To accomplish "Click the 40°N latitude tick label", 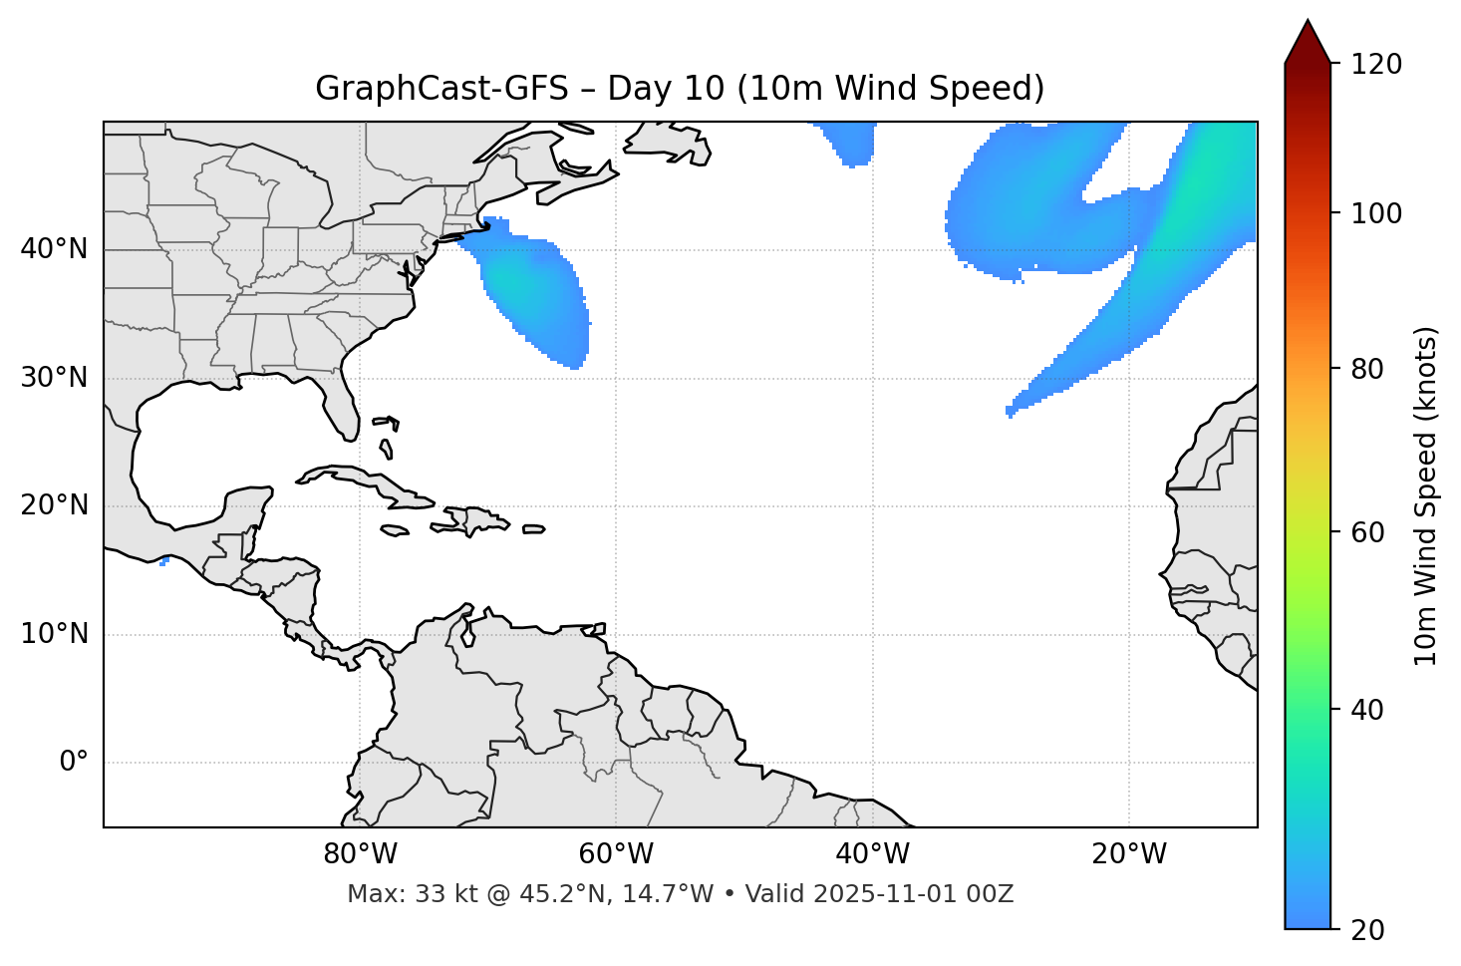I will tap(54, 249).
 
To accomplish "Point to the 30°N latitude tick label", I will tap(54, 378).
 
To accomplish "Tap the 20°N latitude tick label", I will tap(54, 505).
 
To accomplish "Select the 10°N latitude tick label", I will tap(54, 634).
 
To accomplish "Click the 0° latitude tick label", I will tap(74, 763).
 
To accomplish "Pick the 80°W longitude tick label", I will tap(360, 854).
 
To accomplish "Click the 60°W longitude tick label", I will tap(616, 854).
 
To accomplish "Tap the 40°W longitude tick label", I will tap(872, 854).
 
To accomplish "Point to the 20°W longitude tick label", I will tap(1128, 854).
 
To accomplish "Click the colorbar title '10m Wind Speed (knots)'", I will tap(1426, 495).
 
